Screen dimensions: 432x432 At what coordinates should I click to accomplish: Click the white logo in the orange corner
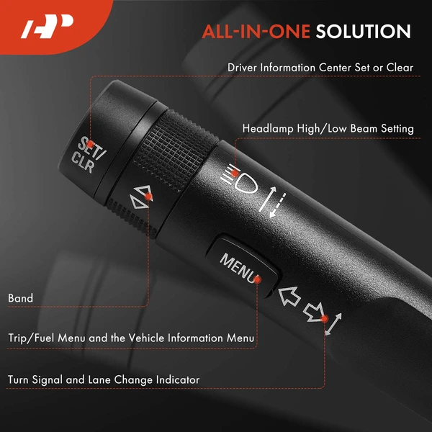[47, 26]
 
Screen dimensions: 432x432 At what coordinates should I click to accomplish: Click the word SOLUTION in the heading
[364, 32]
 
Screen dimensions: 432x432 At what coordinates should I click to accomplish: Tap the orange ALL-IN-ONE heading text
[256, 32]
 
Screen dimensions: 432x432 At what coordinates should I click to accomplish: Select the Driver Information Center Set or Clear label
[320, 68]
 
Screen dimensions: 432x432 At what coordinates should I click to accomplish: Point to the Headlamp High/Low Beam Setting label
[328, 129]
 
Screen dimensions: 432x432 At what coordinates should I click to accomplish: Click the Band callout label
[20, 298]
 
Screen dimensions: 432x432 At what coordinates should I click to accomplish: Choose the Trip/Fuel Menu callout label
[131, 338]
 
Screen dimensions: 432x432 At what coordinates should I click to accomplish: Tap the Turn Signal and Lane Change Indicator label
[104, 379]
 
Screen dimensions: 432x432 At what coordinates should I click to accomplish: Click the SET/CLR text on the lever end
[88, 155]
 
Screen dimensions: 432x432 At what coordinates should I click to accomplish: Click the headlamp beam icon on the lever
[240, 179]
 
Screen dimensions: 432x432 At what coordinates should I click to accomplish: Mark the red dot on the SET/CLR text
[90, 144]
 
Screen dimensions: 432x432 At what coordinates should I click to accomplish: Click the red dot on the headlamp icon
[235, 174]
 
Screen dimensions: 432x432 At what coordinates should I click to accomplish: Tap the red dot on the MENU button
[257, 280]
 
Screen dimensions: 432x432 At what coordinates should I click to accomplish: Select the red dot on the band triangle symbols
[148, 197]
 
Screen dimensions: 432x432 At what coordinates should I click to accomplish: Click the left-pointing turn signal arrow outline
[289, 297]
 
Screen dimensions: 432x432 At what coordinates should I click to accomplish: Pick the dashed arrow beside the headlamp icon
[278, 205]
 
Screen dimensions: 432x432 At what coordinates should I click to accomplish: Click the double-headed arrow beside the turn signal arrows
[333, 324]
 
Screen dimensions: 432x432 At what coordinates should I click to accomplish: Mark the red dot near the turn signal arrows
[325, 319]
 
